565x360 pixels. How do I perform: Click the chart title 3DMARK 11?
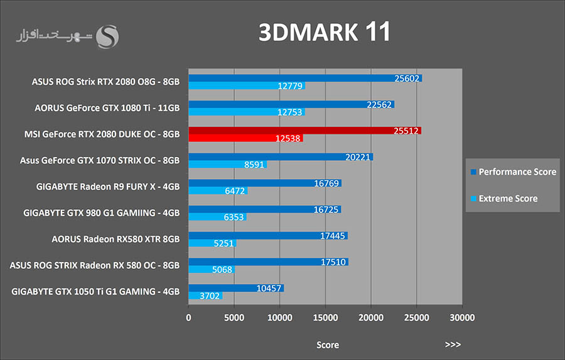coord(325,33)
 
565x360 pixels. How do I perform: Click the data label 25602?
coord(407,79)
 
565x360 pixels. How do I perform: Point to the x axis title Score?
coord(327,345)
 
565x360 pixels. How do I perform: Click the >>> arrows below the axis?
coord(453,345)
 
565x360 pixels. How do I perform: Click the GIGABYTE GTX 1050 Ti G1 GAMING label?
coord(96,292)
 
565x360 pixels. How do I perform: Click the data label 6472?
coord(235,190)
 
